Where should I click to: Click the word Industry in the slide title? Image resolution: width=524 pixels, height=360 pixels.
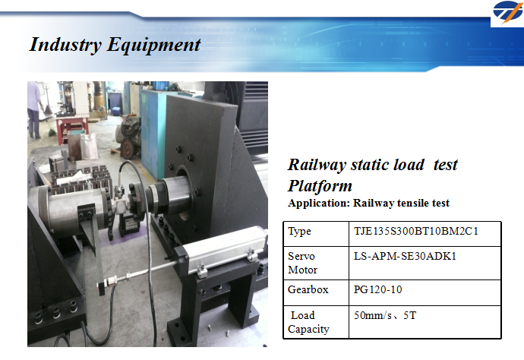[x=65, y=45]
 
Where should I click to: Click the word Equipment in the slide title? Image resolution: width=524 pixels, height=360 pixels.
[x=153, y=45]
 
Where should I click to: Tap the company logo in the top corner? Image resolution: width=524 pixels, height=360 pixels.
[x=507, y=13]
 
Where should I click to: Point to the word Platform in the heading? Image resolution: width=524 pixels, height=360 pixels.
[x=320, y=186]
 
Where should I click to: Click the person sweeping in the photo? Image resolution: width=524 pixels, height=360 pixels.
[x=34, y=109]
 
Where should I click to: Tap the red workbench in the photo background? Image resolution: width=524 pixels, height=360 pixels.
[x=71, y=126]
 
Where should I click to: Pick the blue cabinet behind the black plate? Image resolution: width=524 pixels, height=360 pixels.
[x=152, y=132]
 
